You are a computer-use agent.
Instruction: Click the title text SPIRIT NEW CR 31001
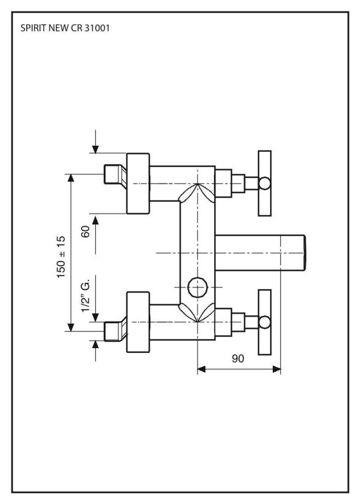[x=65, y=28]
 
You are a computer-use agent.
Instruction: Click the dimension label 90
[x=238, y=358]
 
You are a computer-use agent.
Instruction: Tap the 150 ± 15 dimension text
[x=62, y=257]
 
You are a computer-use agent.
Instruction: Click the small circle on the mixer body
[x=196, y=287]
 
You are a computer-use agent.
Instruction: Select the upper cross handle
[x=265, y=183]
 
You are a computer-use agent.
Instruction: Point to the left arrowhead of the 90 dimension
[x=201, y=369]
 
